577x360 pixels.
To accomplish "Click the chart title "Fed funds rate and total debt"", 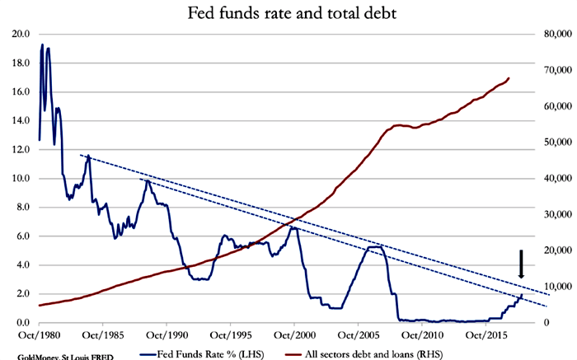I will pos(288,14).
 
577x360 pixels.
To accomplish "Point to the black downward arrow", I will pos(521,264).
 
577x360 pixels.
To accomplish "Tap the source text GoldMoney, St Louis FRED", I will pos(57,356).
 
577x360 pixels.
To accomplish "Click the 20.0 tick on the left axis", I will pos(21,34).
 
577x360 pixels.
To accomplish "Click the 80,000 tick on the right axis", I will pos(553,34).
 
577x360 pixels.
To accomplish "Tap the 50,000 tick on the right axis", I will pos(553,143).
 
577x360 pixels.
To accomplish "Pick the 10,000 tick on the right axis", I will pos(553,287).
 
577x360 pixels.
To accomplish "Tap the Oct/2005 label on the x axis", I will pos(358,336).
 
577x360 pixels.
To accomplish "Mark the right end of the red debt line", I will pos(509,78).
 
